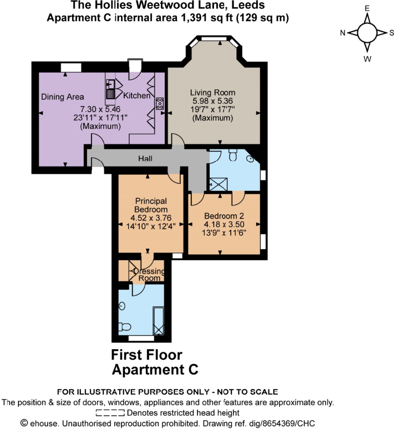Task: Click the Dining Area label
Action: point(63,97)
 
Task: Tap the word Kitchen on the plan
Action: point(136,95)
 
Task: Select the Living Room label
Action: point(212,92)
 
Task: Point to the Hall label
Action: point(145,159)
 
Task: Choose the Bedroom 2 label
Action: point(224,216)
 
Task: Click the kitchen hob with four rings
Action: point(159,102)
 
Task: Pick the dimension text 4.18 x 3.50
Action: point(224,225)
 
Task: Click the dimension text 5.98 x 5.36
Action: point(212,101)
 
